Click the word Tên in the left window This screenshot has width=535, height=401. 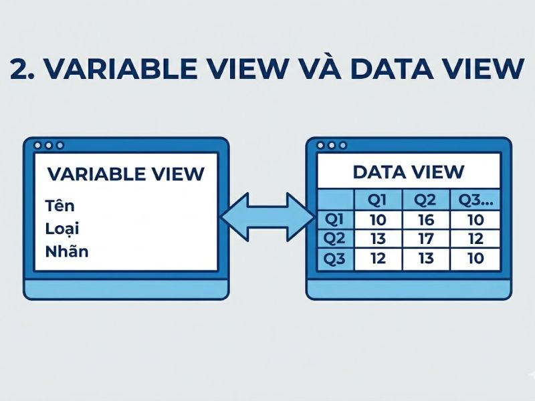click(61, 204)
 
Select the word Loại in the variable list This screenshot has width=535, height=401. click(63, 228)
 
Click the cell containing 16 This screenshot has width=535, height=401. click(425, 220)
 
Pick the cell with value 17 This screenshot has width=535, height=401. click(425, 239)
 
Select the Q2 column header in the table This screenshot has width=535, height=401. click(425, 199)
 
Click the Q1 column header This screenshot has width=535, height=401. click(378, 199)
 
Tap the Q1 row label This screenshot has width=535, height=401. click(335, 220)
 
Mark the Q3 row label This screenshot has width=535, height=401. click(335, 258)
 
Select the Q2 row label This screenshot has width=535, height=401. click(335, 239)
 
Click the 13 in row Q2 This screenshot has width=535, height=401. click(378, 239)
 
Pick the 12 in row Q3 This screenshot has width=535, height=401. click(378, 258)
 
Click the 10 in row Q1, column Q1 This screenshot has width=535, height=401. click(378, 220)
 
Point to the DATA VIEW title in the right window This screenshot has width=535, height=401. click(408, 172)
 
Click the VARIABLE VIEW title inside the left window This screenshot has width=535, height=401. click(126, 174)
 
